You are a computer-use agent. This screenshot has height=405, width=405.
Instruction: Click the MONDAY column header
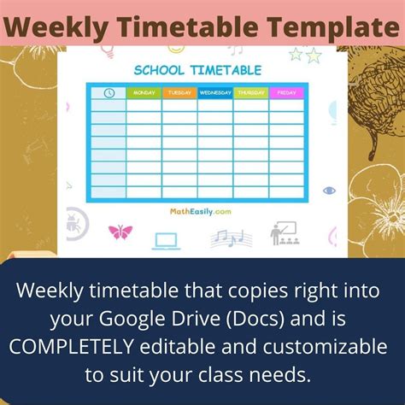coord(144,93)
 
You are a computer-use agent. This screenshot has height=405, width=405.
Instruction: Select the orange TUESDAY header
coord(179,93)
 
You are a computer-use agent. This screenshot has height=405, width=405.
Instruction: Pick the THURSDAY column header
coord(250,93)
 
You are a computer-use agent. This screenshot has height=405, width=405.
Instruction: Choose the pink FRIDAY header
coord(286,93)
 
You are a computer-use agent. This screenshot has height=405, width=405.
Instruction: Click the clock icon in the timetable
coord(109,93)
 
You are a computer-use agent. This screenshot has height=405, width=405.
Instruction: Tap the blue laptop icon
coord(165,239)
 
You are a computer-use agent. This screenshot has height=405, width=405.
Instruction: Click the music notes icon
coord(226,238)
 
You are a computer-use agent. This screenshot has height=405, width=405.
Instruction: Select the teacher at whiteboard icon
coord(283,232)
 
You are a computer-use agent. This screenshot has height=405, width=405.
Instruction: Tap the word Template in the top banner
coord(333,26)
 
